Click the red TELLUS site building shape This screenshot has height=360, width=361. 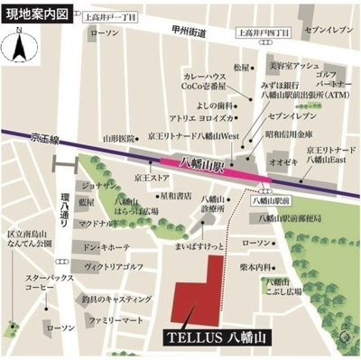pyautogui.click(x=200, y=289)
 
